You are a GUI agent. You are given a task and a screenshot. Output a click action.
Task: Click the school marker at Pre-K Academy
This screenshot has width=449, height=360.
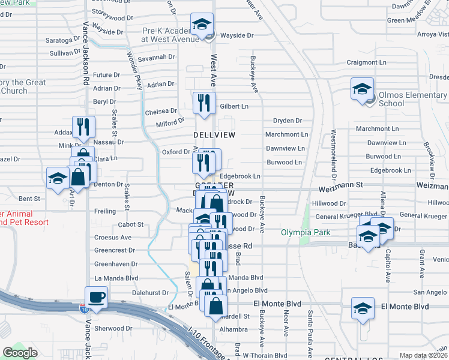202,25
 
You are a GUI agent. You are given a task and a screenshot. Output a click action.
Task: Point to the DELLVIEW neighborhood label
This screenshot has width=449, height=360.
214,135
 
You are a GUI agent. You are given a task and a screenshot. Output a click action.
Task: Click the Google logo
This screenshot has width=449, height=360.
20,352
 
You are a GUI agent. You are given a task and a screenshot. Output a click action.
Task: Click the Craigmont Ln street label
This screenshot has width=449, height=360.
366,62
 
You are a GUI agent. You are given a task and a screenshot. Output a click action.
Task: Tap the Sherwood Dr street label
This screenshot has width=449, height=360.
113,328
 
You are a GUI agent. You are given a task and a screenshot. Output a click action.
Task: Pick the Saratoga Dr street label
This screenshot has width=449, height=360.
62,41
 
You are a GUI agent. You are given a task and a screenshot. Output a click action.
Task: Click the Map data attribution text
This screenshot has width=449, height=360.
424,355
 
